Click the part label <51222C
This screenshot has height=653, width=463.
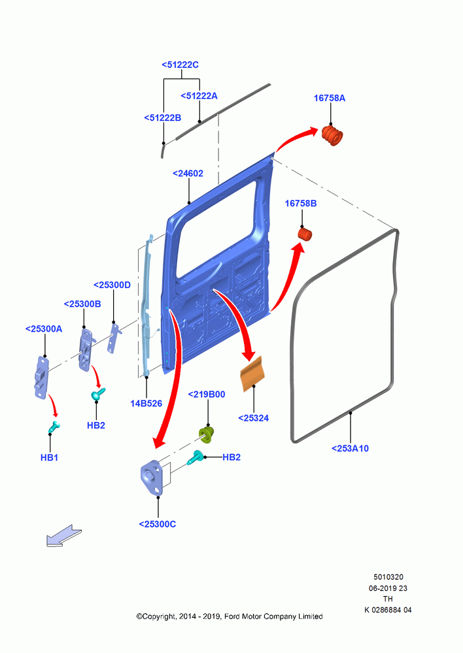click(180, 65)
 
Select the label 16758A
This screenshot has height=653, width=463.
click(330, 98)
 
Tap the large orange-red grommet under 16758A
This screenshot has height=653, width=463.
click(332, 135)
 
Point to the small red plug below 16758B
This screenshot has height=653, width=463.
click(305, 234)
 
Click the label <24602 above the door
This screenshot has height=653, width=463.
click(188, 173)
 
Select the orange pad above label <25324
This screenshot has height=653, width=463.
click(252, 374)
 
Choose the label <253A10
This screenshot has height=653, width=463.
click(350, 448)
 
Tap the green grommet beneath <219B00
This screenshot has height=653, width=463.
click(207, 434)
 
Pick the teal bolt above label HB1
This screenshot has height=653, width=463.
click(54, 426)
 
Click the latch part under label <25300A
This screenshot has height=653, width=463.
click(41, 377)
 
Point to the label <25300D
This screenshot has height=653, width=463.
click(112, 285)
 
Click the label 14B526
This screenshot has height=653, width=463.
click(146, 403)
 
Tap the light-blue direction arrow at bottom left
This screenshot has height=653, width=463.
click(63, 535)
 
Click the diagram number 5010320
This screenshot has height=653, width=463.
click(388, 577)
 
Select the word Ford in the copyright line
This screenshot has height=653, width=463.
click(232, 616)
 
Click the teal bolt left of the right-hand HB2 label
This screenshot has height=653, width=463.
click(196, 458)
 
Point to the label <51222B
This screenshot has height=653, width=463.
click(163, 118)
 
